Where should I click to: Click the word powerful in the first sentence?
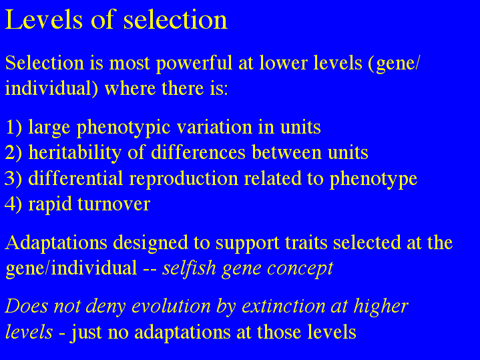pos(194,63)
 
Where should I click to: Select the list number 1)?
pos(14,127)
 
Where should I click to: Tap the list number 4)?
pos(13,204)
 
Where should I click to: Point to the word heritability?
pos(75,152)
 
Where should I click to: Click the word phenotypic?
pos(124,128)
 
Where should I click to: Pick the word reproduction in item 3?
pos(184,179)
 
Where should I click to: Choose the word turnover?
pos(113,204)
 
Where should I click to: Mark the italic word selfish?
pos(189,268)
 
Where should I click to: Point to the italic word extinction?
pos(284,306)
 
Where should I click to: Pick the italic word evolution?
pos(171,306)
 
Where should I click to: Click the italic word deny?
pos(105,307)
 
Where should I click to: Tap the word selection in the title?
pos(176,20)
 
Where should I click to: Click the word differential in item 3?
pos(75,178)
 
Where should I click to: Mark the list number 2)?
pos(14,152)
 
